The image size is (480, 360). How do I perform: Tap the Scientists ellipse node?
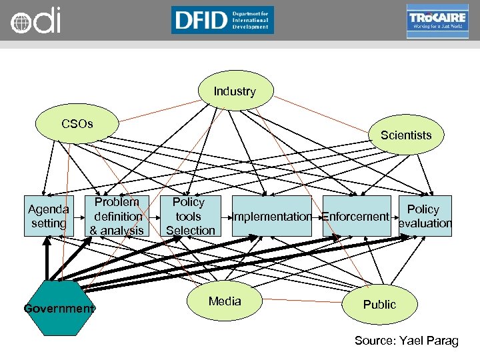tap(406, 136)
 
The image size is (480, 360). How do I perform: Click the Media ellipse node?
tap(225, 301)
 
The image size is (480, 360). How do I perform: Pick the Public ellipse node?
tap(379, 305)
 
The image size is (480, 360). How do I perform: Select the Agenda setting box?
tap(49, 216)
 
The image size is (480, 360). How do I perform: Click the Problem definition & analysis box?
tap(117, 216)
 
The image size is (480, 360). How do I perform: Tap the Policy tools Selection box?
tap(190, 216)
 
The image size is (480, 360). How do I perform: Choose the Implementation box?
tap(272, 216)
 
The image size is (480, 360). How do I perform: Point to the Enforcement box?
tap(355, 216)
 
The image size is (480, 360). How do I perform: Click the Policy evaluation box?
tap(425, 216)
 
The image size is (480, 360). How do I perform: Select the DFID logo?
tap(222, 20)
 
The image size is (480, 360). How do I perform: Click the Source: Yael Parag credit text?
tap(406, 341)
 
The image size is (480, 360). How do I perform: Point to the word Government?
tap(59, 309)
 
